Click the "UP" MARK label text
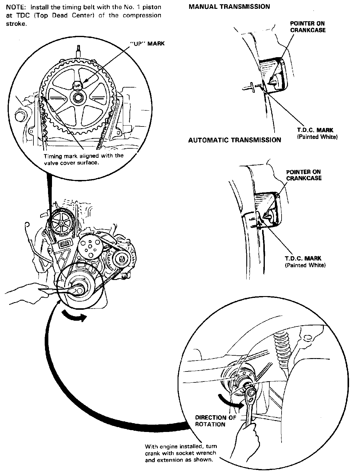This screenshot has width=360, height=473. tap(147, 43)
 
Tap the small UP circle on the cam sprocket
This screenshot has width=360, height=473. tap(78, 85)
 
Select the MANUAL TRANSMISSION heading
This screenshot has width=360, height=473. tap(229, 6)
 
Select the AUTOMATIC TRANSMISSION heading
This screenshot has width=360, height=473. tap(234, 140)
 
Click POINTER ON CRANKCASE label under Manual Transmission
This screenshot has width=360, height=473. tap(308, 27)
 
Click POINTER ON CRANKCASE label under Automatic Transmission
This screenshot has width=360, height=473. tap(304, 175)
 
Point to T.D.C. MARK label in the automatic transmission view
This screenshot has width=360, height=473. tap(303, 259)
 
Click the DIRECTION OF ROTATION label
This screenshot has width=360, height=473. tap(215, 421)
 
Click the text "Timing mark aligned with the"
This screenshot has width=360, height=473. tap(84, 156)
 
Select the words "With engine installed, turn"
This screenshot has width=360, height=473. tap(181, 447)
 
